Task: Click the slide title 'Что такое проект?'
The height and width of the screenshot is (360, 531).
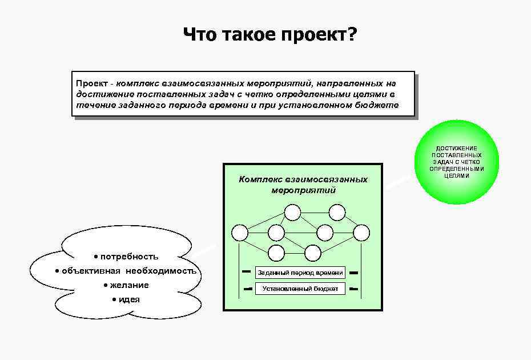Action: [270, 35]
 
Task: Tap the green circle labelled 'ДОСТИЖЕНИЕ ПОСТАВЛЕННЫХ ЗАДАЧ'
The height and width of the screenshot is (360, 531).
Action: [457, 162]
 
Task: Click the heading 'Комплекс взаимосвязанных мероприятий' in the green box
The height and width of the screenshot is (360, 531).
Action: [303, 185]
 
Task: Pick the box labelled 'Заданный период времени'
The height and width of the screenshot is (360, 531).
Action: [300, 273]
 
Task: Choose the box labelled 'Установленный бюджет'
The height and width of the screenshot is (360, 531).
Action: [300, 289]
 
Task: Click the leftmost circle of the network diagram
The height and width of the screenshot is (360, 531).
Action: [240, 233]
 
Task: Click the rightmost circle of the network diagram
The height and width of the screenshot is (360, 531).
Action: [361, 233]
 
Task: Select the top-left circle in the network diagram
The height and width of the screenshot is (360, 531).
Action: [292, 213]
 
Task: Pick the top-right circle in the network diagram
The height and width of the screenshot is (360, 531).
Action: [337, 213]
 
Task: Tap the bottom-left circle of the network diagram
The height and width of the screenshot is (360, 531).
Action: [276, 253]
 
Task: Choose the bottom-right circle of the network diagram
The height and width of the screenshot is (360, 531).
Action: [313, 253]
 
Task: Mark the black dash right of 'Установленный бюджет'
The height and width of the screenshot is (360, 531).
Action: [353, 289]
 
